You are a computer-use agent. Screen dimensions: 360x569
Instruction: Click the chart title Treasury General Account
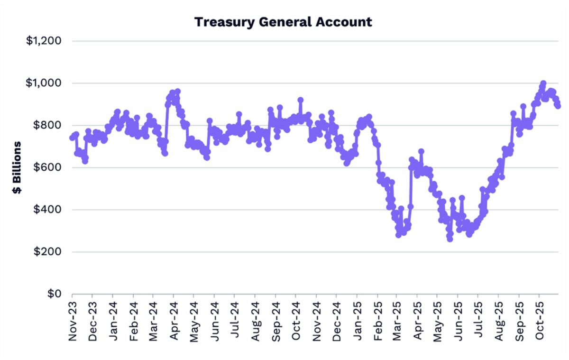point(283,21)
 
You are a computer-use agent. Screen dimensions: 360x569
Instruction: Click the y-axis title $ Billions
point(17,167)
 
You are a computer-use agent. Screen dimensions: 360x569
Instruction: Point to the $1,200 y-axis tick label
point(44,41)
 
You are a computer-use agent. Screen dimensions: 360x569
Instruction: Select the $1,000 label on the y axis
point(44,83)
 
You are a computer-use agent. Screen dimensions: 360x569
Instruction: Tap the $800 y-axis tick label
point(47,125)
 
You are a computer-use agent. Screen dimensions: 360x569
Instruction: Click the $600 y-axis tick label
point(47,167)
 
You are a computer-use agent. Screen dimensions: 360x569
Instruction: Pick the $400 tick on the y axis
point(47,210)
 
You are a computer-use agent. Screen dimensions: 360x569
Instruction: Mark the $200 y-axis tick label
point(47,252)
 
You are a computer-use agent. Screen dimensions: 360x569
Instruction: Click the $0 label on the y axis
point(53,294)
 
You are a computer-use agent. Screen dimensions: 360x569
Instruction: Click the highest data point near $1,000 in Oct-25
point(543,83)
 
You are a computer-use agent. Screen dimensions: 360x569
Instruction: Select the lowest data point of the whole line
point(450,239)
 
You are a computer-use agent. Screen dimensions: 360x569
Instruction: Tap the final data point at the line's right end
point(558,106)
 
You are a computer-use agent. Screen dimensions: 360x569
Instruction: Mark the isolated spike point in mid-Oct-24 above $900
point(300,100)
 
